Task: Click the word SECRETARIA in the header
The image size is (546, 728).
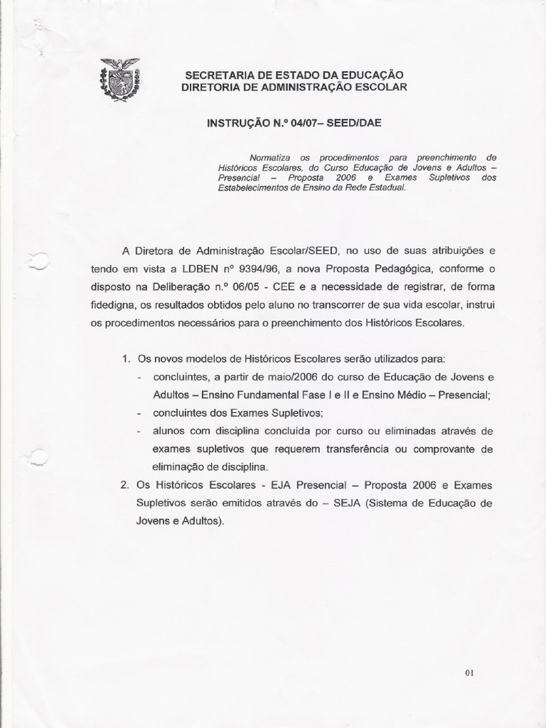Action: [x=214, y=75]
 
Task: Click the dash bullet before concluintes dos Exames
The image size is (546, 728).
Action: [x=139, y=413]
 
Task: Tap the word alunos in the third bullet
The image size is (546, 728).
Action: [x=169, y=432]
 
